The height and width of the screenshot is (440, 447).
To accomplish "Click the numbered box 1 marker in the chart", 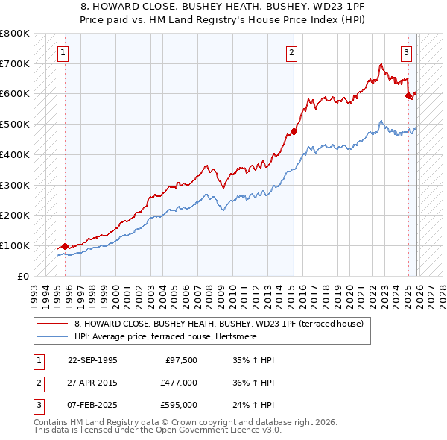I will (x=63, y=52).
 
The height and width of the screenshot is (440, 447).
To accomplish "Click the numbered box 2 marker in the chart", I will (x=291, y=52).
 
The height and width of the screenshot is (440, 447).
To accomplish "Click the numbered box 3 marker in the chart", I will (x=406, y=52).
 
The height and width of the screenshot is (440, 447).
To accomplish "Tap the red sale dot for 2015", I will (x=294, y=131).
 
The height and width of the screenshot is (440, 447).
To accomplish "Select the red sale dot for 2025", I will (x=408, y=95).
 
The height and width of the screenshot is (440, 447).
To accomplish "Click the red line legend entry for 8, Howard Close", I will (x=218, y=324).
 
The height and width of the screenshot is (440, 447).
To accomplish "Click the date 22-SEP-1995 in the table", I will (x=92, y=360).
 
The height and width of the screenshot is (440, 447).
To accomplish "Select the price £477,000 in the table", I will (x=179, y=383).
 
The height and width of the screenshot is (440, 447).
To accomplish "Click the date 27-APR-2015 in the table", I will (x=92, y=383).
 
